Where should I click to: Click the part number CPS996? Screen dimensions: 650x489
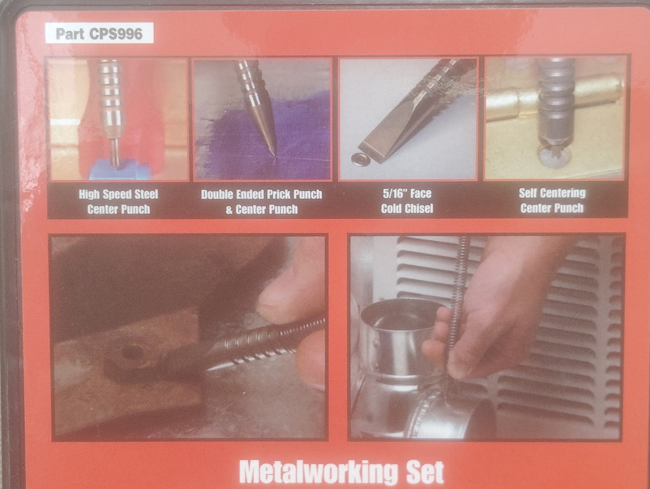pos(116,34)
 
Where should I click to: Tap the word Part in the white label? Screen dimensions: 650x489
pos(70,34)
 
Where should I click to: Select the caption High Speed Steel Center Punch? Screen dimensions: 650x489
pos(118,202)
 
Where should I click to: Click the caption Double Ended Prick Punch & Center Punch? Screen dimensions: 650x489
pos(262,202)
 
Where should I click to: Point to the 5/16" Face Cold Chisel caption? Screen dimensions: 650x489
pos(407,201)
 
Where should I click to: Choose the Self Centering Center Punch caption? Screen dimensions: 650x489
pos(552,201)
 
